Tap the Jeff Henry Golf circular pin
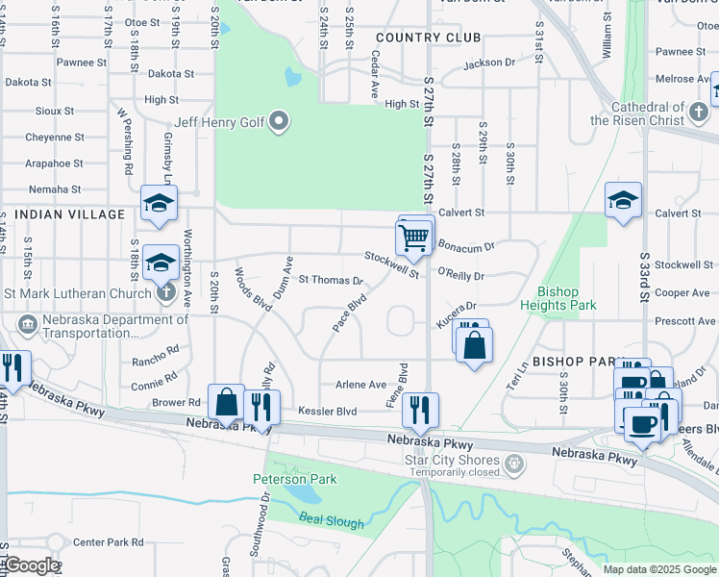point(280,121)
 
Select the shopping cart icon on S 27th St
point(413,237)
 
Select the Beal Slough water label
point(332,521)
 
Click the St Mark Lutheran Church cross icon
point(165,293)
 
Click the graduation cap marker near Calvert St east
point(623,201)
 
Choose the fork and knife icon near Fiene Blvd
point(420,409)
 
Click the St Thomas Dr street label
point(330,281)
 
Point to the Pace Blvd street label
point(350,313)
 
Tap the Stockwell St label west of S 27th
point(391,264)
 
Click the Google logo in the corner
point(31,565)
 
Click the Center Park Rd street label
point(108,542)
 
